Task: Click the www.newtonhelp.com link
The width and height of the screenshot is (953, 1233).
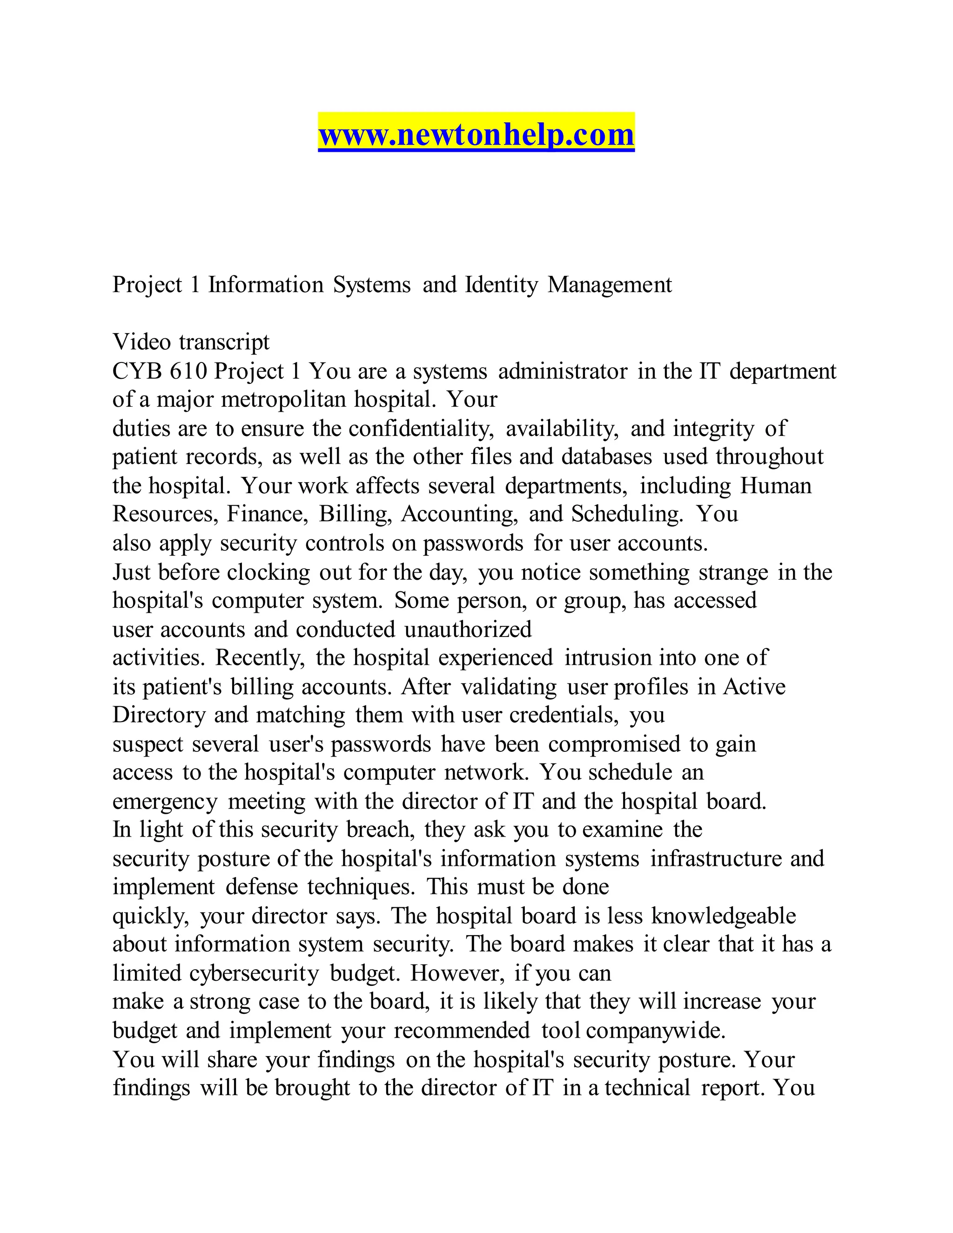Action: pos(476,135)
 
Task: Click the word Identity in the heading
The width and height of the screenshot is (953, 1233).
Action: pos(501,285)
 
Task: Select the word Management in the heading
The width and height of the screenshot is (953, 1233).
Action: pos(610,285)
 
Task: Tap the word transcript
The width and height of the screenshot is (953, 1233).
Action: pos(224,342)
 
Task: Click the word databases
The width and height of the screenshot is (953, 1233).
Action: pos(607,457)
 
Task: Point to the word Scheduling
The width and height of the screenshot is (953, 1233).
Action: pos(627,514)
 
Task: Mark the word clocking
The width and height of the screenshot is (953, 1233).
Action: pos(269,572)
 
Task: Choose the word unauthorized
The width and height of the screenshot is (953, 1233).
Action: pos(468,630)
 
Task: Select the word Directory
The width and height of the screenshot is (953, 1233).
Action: pos(159,715)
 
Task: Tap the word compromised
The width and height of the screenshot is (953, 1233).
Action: pos(614,744)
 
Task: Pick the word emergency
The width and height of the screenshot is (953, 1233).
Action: pos(165,802)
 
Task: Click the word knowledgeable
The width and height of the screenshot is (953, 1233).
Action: pos(724,916)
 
